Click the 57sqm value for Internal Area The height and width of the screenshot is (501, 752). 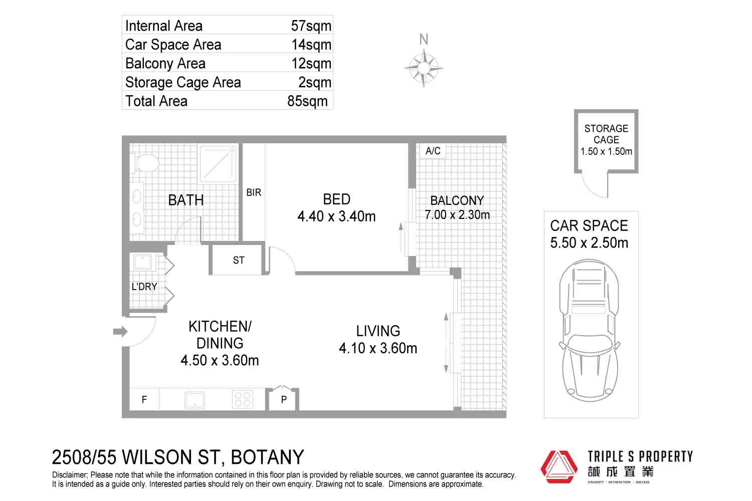311,26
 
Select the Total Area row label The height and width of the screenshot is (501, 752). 156,101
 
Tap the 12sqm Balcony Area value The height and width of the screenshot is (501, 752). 311,64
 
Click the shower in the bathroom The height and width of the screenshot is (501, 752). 218,163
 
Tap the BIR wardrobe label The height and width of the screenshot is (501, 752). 254,192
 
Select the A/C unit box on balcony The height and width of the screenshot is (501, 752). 433,151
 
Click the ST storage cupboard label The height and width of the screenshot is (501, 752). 239,260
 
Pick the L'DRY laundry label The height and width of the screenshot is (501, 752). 144,287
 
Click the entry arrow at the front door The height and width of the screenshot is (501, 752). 120,331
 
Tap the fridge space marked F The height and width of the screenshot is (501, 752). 144,399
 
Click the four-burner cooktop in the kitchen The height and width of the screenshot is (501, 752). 243,399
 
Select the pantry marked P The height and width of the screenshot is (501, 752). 284,399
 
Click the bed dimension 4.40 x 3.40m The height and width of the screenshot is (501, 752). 336,216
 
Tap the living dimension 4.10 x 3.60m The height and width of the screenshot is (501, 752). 378,348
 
